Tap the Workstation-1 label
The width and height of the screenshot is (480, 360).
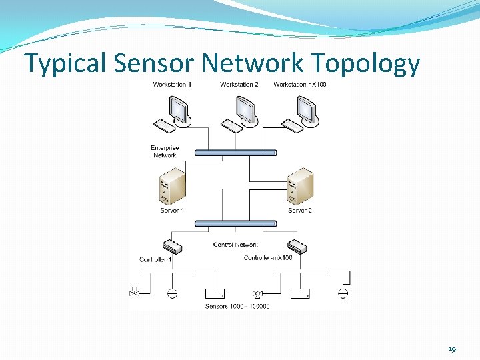click(x=172, y=84)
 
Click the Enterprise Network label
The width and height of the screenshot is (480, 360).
click(x=165, y=151)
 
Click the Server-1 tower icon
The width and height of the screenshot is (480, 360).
click(x=173, y=187)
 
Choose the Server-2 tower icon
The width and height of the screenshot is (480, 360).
click(x=299, y=187)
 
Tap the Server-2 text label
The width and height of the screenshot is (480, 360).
click(x=300, y=211)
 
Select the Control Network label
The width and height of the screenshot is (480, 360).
click(x=235, y=245)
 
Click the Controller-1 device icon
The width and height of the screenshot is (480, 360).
click(x=172, y=246)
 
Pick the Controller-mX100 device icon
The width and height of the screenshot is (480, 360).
click(x=297, y=246)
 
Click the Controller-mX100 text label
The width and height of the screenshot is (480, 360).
click(x=268, y=258)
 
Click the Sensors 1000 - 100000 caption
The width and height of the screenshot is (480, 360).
click(x=237, y=306)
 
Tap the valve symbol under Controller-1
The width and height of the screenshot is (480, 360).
click(x=135, y=292)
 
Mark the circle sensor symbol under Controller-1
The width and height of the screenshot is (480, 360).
click(x=172, y=293)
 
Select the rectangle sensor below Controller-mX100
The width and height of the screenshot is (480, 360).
click(x=301, y=293)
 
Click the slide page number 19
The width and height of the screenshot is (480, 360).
click(x=453, y=349)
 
